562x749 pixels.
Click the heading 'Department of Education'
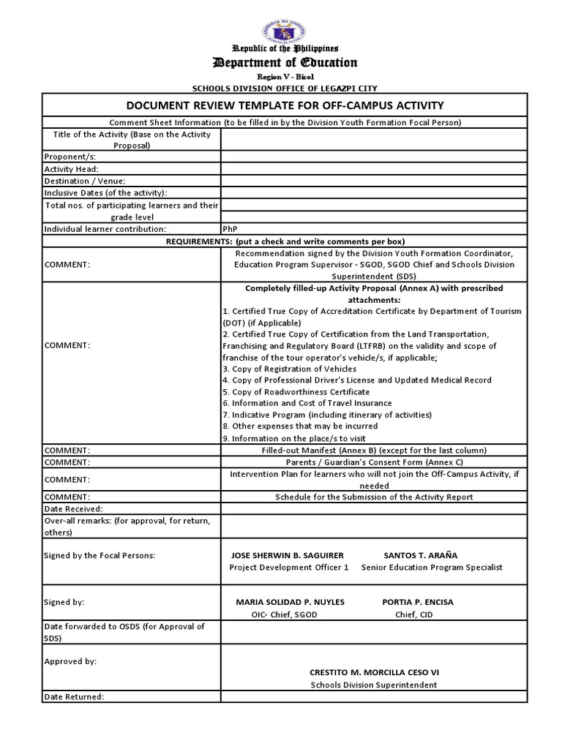(x=285, y=63)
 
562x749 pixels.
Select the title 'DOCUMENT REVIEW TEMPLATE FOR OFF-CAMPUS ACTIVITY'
(x=285, y=105)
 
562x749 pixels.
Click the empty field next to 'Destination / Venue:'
(x=374, y=181)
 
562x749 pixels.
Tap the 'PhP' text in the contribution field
(x=231, y=229)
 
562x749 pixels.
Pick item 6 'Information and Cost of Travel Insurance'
(x=307, y=403)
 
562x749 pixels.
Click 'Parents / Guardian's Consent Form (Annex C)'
(x=374, y=462)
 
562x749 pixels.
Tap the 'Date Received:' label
(x=74, y=508)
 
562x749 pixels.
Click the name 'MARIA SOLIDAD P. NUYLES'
(x=290, y=602)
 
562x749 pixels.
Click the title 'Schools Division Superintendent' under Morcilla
(x=374, y=685)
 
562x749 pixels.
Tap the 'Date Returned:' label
(x=75, y=696)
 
